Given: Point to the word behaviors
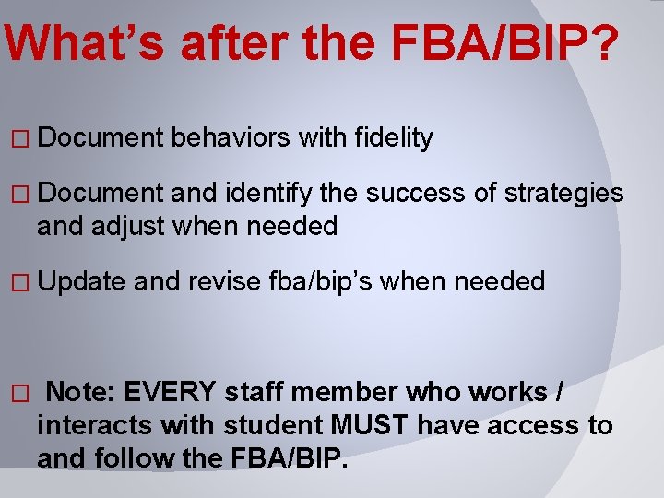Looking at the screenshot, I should click(231, 138).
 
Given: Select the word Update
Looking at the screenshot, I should click(82, 281).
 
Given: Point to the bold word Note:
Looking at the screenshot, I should click(80, 393).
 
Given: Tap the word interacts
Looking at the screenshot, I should click(95, 426).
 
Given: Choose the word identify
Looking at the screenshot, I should click(268, 195).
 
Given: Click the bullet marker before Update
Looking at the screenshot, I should click(24, 282).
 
